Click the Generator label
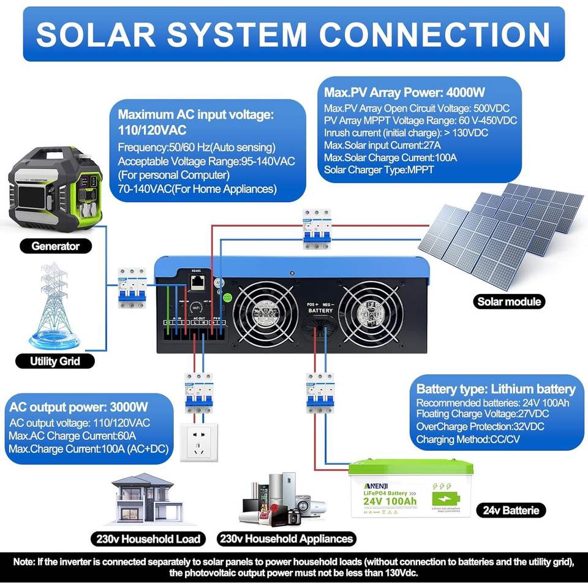(x=56, y=246)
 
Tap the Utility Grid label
(x=55, y=361)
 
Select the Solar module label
(x=510, y=301)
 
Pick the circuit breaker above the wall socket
(x=197, y=392)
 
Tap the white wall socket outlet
(x=197, y=441)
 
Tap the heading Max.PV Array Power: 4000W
(x=404, y=93)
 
